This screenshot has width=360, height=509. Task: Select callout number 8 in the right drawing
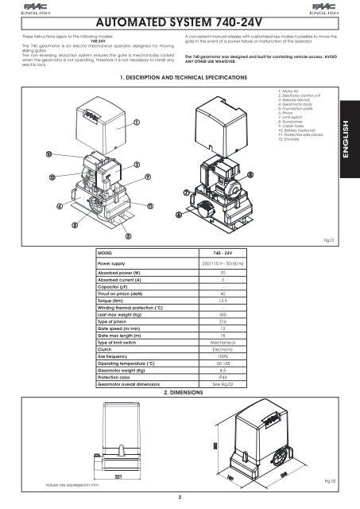[251, 174]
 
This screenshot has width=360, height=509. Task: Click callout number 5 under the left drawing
[128, 236]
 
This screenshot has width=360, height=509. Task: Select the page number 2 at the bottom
[180, 499]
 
